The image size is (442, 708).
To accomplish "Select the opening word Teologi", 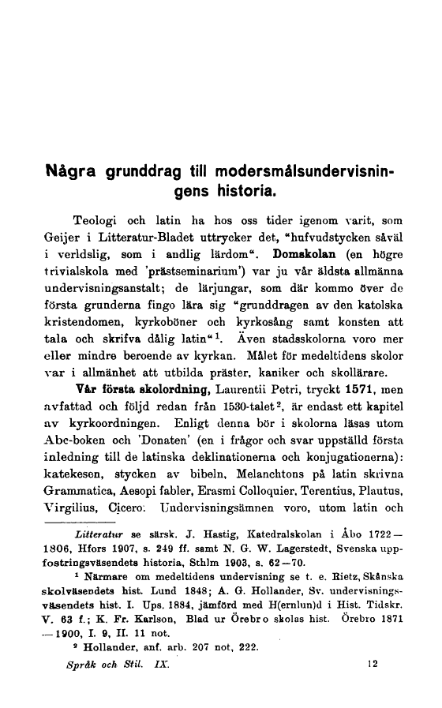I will click(96, 218).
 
